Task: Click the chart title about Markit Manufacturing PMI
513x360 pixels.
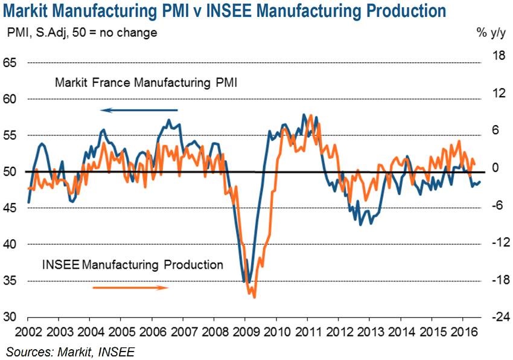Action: [227, 10]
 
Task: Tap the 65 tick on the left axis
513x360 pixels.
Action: [12, 63]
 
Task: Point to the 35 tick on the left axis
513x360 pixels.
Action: [12, 281]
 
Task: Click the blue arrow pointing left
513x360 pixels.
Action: [139, 110]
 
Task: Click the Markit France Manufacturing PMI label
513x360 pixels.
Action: [145, 83]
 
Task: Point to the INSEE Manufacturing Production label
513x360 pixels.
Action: [133, 265]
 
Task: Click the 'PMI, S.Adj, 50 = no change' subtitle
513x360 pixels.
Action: [82, 33]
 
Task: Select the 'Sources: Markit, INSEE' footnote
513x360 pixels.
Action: [71, 351]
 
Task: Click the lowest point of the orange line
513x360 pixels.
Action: [254, 297]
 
